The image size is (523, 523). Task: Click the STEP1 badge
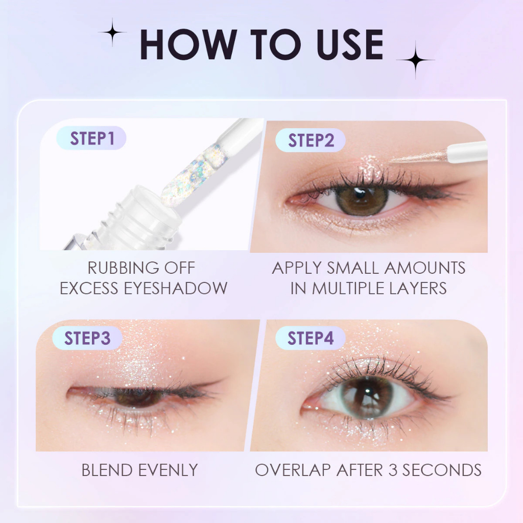[91, 138]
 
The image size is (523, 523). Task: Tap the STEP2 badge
[310, 140]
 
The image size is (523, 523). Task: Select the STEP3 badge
[87, 338]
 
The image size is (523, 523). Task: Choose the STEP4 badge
[310, 338]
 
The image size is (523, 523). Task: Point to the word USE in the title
[350, 45]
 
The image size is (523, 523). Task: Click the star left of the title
[112, 32]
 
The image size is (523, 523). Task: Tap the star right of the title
[415, 60]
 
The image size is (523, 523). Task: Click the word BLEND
[107, 470]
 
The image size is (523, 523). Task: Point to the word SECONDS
[442, 470]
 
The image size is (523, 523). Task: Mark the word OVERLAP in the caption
[293, 470]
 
